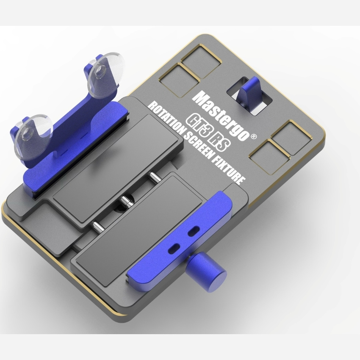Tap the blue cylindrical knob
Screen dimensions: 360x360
click(x=207, y=269)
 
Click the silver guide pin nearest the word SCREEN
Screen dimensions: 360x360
click(x=152, y=176)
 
